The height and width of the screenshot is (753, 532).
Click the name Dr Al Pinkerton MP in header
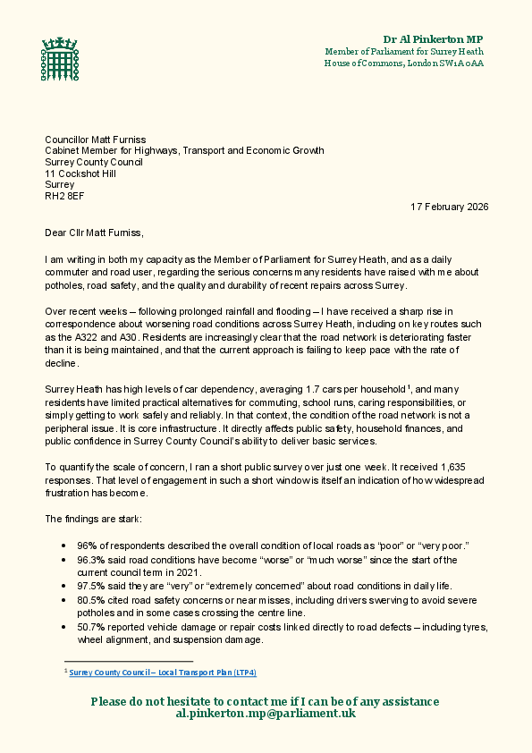click(x=433, y=39)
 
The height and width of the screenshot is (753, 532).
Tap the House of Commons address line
click(x=404, y=63)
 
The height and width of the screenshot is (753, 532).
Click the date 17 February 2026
click(x=449, y=207)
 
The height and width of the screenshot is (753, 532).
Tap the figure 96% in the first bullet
click(x=87, y=546)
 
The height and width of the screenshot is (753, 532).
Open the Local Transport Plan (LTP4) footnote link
click(x=163, y=672)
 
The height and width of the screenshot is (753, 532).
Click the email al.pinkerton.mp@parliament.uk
click(x=266, y=715)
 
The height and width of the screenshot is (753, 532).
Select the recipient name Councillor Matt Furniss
click(x=97, y=140)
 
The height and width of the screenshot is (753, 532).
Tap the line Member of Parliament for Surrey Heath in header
click(x=404, y=52)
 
